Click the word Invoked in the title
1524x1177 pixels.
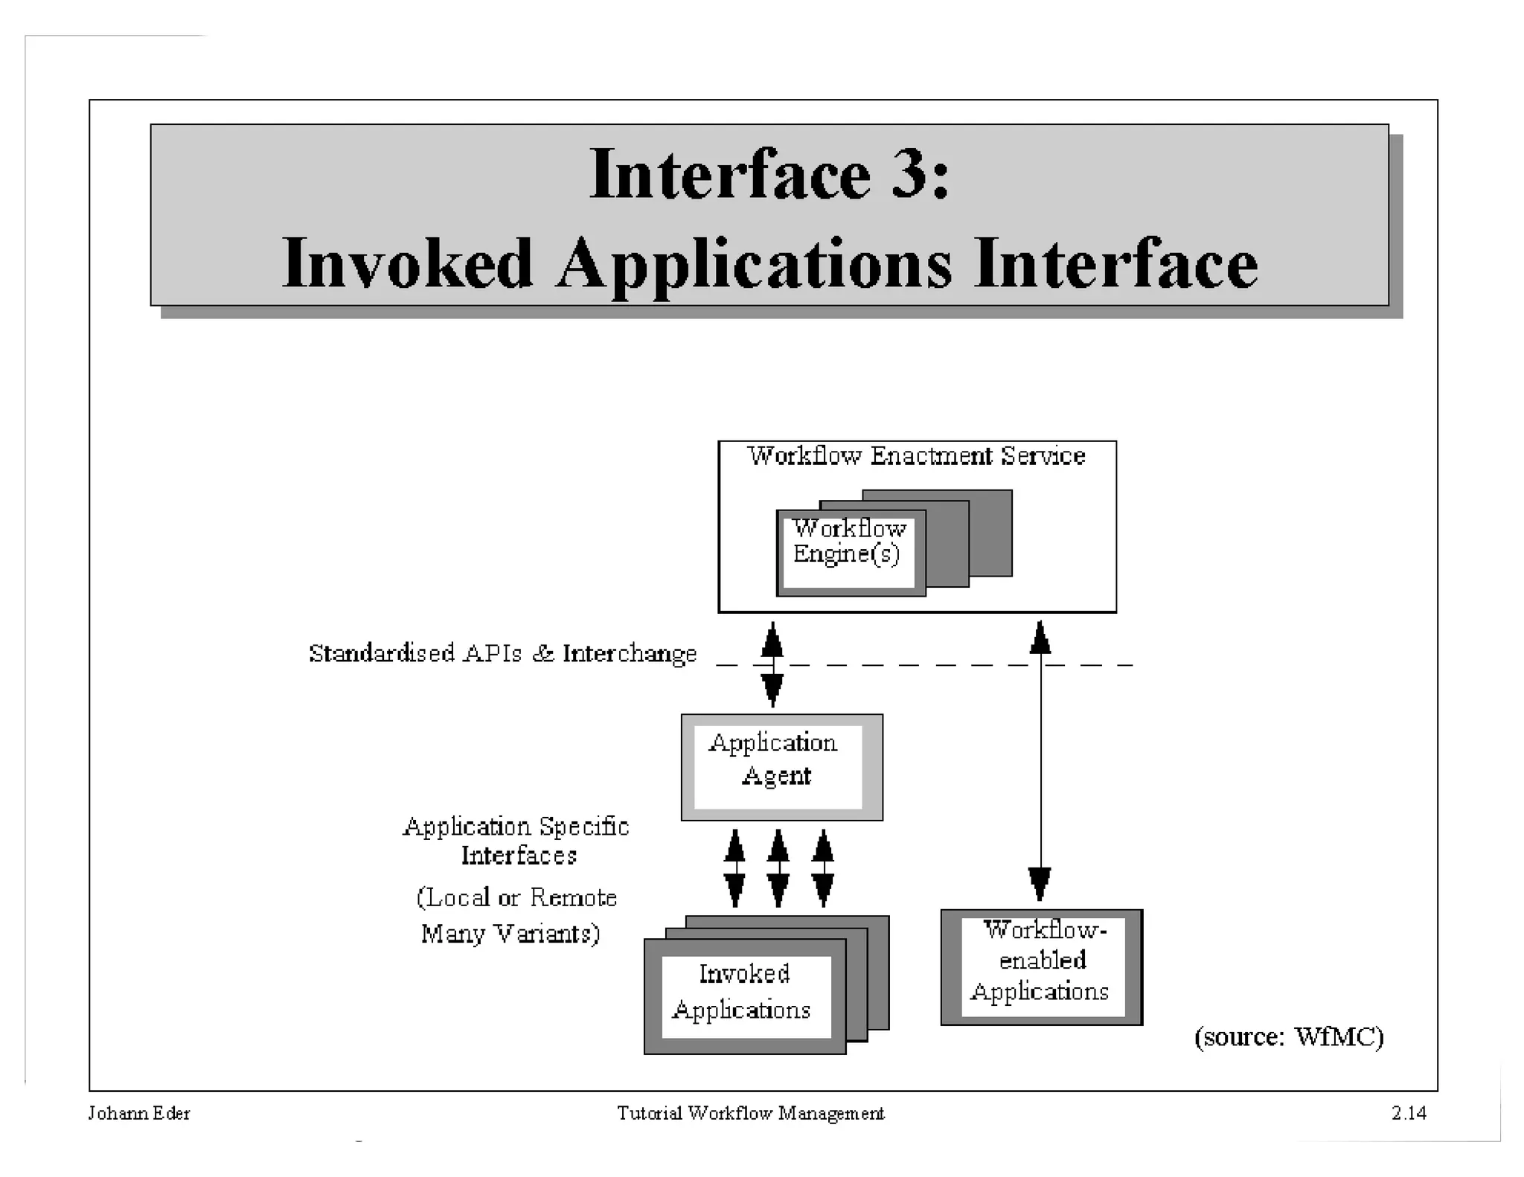point(407,264)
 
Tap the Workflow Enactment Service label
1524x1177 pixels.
point(916,456)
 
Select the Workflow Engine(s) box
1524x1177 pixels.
point(849,551)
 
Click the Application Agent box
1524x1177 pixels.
point(781,767)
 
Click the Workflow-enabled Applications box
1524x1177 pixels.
point(1040,966)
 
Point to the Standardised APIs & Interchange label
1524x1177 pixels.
point(503,653)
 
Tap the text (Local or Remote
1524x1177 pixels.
point(516,897)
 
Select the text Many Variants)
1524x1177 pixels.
point(510,933)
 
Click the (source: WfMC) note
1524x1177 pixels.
point(1288,1036)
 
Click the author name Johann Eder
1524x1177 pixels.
point(139,1113)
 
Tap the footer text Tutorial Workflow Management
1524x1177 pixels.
point(750,1113)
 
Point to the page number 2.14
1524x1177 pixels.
point(1408,1113)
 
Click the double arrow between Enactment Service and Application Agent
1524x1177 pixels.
point(772,664)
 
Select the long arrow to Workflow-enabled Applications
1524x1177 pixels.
point(1040,766)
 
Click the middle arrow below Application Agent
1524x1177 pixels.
point(778,868)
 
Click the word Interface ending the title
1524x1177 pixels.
point(1115,264)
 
